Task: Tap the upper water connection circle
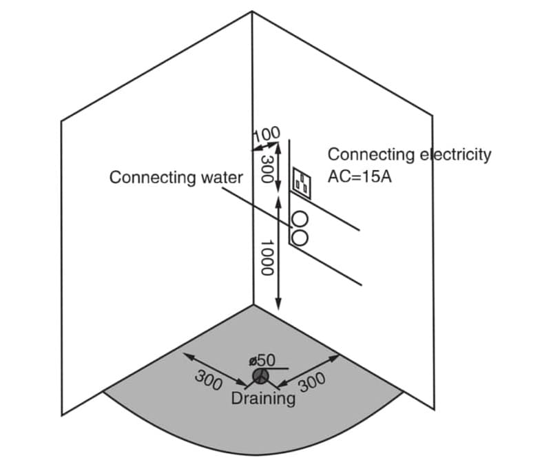pos(300,220)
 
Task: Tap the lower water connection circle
pos(300,236)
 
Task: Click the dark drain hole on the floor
pos(260,376)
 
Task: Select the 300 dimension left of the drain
pos(207,379)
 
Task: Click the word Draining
pos(264,398)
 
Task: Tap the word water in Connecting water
pos(222,178)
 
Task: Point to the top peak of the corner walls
pos(252,11)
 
